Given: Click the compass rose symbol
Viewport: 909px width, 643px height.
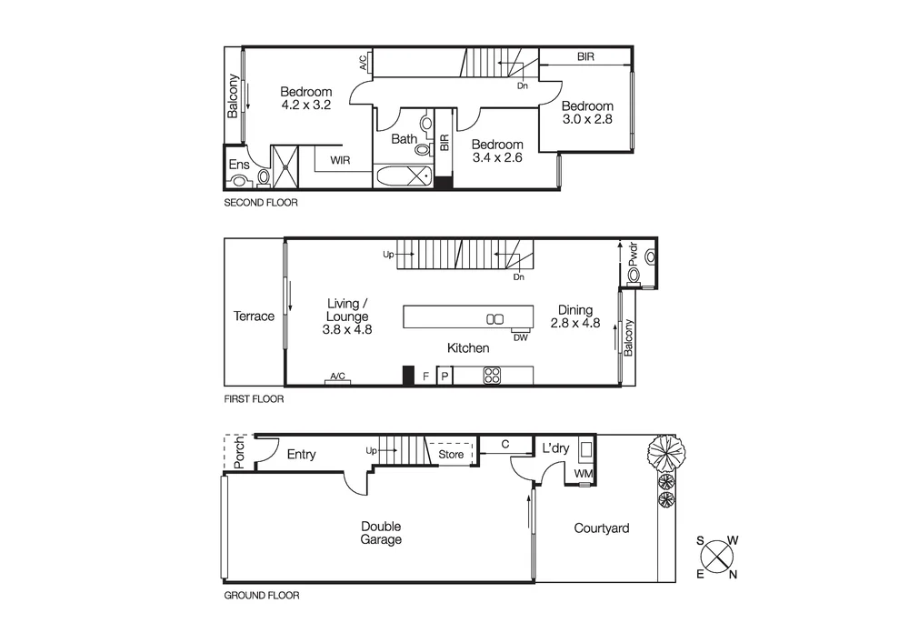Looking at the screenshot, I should (x=718, y=556).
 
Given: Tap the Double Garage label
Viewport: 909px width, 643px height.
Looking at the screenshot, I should (x=381, y=533).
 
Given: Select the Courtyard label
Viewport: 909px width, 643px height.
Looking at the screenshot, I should (x=601, y=527).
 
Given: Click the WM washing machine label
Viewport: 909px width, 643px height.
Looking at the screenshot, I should (x=582, y=474).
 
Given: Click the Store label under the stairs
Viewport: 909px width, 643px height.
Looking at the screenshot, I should (x=451, y=454).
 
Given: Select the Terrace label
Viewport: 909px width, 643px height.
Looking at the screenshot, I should (x=254, y=316).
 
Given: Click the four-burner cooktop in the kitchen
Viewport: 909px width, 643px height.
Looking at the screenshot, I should (x=492, y=375).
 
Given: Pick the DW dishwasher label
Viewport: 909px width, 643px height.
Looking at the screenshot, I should (x=521, y=337).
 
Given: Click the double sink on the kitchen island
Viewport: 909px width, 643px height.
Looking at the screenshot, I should (x=494, y=318).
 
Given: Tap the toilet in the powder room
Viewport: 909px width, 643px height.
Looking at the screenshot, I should (x=634, y=275).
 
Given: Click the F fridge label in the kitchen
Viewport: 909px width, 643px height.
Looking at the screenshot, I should (x=425, y=375).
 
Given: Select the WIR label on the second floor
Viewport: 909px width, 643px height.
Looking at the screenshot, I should (x=340, y=160).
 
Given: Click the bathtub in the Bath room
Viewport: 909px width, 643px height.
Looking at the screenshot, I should (x=405, y=176).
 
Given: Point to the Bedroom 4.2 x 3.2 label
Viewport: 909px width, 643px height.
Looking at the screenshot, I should (x=305, y=98).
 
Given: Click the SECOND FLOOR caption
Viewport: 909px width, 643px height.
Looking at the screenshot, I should (x=260, y=203).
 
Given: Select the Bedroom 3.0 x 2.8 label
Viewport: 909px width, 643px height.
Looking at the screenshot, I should (x=586, y=113).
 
